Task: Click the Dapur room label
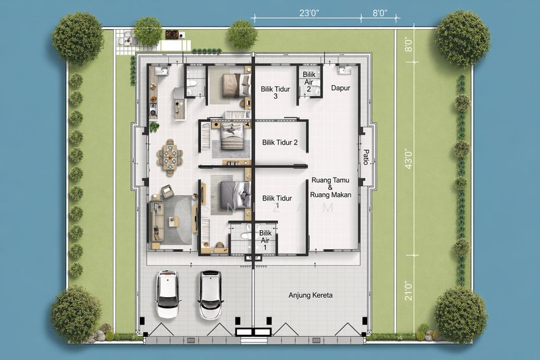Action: click(341, 88)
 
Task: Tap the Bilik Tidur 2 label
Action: click(279, 143)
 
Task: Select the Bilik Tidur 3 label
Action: click(275, 93)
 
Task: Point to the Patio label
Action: click(367, 157)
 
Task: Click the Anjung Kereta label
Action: click(310, 295)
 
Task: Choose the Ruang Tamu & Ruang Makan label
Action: click(331, 187)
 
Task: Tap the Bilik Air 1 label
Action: click(265, 240)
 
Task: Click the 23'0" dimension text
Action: click(309, 13)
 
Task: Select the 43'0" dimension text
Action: click(409, 159)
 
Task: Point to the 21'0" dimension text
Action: click(409, 290)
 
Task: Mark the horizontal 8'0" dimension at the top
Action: click(380, 13)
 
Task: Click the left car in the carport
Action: click(167, 294)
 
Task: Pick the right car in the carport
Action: click(210, 295)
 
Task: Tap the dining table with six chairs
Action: click(170, 157)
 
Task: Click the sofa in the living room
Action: click(157, 222)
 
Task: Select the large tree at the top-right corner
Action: click(462, 38)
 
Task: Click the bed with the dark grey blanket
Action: click(236, 195)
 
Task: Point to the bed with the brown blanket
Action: click(237, 85)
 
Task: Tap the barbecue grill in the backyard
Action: click(173, 35)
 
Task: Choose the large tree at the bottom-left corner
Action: click(76, 315)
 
